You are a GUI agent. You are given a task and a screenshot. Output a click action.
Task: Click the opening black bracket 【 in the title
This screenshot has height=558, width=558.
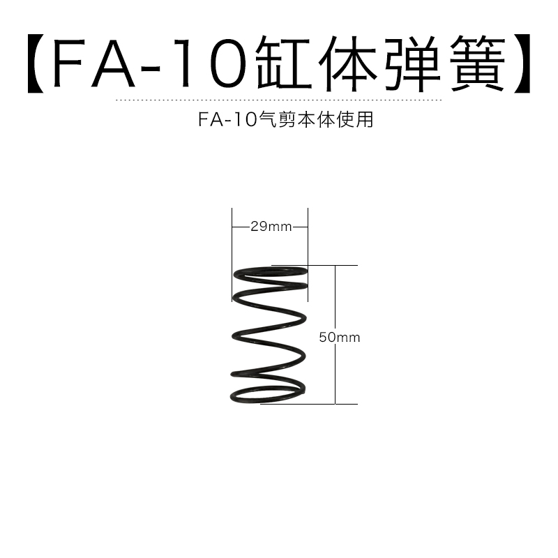click(37, 65)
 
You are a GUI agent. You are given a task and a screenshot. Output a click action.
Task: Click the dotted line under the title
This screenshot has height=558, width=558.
click(279, 100)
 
